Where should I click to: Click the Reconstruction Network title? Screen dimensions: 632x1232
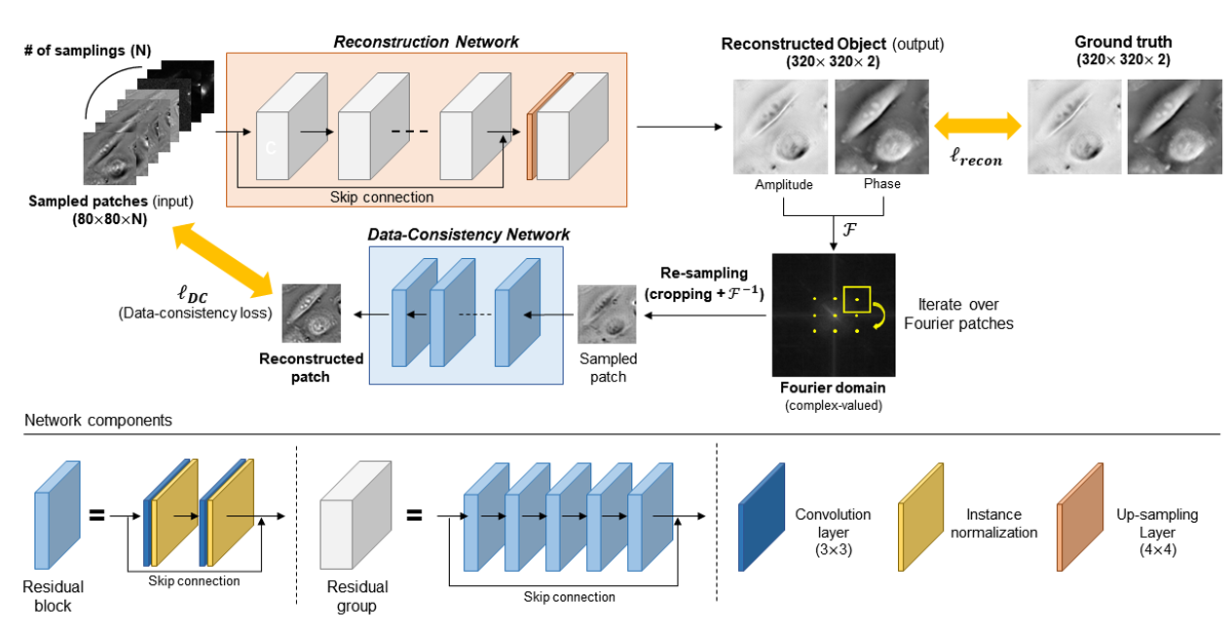[426, 42]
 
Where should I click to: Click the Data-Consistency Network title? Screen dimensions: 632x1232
[468, 235]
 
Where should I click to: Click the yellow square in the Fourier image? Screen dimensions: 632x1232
[856, 300]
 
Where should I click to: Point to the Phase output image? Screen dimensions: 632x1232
[881, 126]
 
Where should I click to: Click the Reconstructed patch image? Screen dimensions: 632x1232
[311, 313]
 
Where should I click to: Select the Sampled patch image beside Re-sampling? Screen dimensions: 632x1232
[608, 315]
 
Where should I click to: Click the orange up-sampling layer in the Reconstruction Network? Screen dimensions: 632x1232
[532, 146]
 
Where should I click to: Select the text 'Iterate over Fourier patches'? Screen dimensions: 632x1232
[959, 315]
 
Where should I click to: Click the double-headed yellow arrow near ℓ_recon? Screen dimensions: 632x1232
[978, 125]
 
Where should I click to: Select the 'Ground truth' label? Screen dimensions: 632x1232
[1123, 42]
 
